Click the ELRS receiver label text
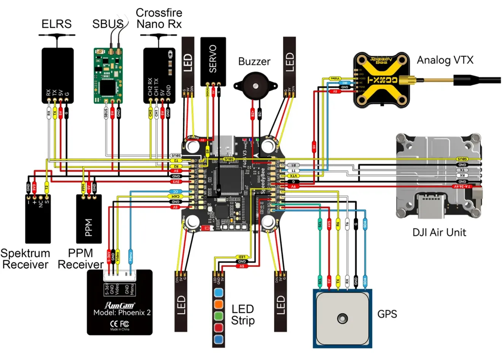pyautogui.click(x=56, y=24)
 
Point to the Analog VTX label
pyautogui.click(x=445, y=60)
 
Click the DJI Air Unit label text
pyautogui.click(x=439, y=232)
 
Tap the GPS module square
pyautogui.click(x=342, y=318)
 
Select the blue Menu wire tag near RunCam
pyautogui.click(x=130, y=254)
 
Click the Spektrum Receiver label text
pyautogui.click(x=25, y=259)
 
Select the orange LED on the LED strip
pyautogui.click(x=218, y=304)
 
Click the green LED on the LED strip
pyautogui.click(x=218, y=316)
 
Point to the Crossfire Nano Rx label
pyautogui.click(x=159, y=18)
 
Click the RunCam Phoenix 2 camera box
pyautogui.click(x=119, y=304)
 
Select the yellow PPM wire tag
pyautogui.click(x=83, y=187)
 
